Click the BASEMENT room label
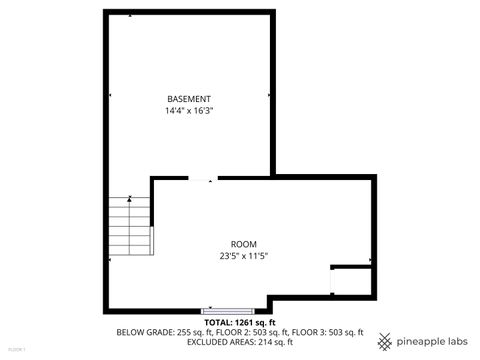pos(189,99)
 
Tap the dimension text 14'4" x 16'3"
pos(189,111)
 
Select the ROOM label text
pos(244,244)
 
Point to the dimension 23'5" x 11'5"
pos(244,256)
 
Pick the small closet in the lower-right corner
pos(351,281)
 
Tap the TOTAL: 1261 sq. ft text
pos(240,323)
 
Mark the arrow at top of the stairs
pos(130,198)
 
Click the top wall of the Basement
pos(189,12)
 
